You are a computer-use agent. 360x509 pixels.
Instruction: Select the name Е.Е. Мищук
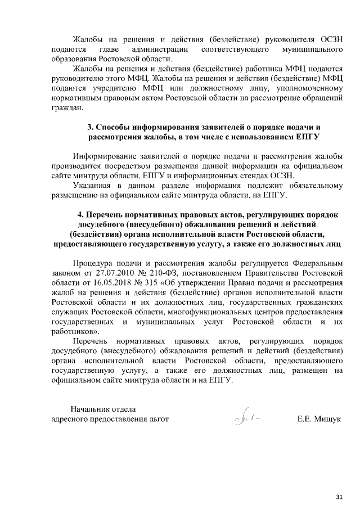pos(319,419)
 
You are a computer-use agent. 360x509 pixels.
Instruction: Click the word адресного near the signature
pos(71,419)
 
